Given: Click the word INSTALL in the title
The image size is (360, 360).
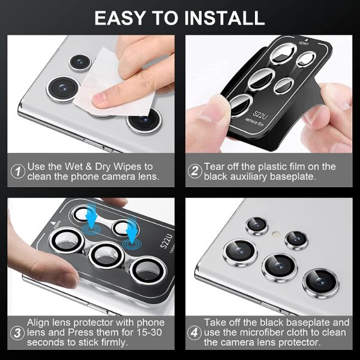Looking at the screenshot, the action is coord(225,18).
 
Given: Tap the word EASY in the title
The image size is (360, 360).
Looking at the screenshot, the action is coord(120,18).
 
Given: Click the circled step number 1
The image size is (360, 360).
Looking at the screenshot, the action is coord(17,171).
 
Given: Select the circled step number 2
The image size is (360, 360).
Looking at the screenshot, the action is coord(194,171).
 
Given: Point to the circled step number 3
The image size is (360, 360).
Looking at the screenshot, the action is coord(17,333).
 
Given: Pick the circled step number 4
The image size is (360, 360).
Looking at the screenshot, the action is coord(194,332).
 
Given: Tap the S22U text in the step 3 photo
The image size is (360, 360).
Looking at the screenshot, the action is coord(166,241).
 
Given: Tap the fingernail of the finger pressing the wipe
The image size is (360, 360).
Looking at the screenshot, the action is coord(99,98).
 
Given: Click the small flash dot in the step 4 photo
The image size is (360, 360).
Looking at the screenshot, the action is coord(275,234).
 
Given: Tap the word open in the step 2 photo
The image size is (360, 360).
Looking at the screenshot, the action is coord(304,43).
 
